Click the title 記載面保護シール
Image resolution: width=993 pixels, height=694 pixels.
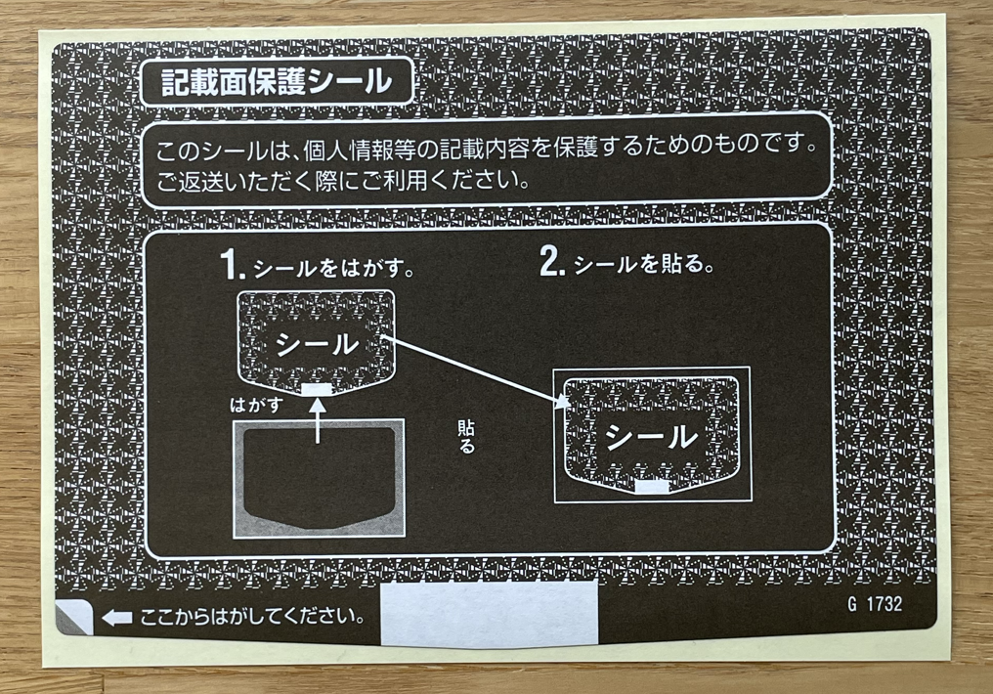277,82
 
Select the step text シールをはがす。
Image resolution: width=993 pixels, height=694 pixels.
333,269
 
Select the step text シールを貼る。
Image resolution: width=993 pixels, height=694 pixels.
643,263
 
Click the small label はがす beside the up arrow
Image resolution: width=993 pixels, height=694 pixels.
256,404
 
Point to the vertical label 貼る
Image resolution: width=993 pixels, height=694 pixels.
466,437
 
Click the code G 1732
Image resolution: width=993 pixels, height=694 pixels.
875,603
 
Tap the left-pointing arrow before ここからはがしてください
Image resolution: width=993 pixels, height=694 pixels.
117,618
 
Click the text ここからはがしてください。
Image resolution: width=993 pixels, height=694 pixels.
252,616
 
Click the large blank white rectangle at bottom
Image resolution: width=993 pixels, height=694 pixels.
489,614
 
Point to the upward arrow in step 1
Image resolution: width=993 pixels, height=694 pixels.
318,420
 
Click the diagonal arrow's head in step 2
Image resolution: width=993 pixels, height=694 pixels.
562,402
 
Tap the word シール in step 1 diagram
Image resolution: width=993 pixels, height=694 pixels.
317,345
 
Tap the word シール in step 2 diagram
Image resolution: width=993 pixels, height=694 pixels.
652,437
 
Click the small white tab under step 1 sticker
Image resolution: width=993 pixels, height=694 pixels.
317,389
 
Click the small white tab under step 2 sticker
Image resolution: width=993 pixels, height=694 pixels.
652,487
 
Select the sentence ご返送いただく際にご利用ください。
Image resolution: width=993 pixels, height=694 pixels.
343,181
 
